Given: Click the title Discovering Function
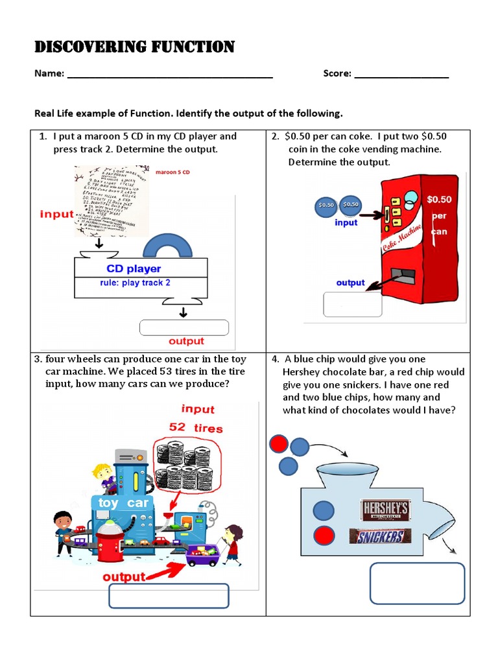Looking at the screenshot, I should (134, 47).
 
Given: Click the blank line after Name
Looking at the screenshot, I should (169, 76).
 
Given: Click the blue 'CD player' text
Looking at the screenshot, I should (134, 268).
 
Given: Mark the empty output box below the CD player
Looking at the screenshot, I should (184, 327).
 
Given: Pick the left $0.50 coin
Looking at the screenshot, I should (326, 205).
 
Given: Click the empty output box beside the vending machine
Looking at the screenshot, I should (353, 304).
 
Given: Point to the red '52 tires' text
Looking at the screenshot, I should (196, 428).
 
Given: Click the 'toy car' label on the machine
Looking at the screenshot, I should (123, 503).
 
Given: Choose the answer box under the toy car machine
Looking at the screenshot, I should (169, 596).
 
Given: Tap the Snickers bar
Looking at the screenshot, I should (380, 536).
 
